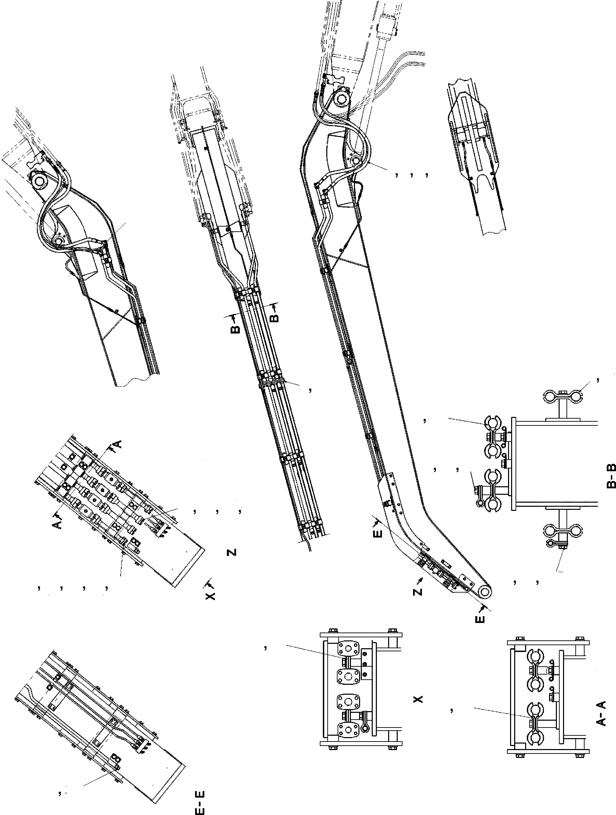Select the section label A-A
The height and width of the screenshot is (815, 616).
pyautogui.click(x=601, y=713)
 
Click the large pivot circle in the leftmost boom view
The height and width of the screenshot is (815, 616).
pyautogui.click(x=38, y=182)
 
